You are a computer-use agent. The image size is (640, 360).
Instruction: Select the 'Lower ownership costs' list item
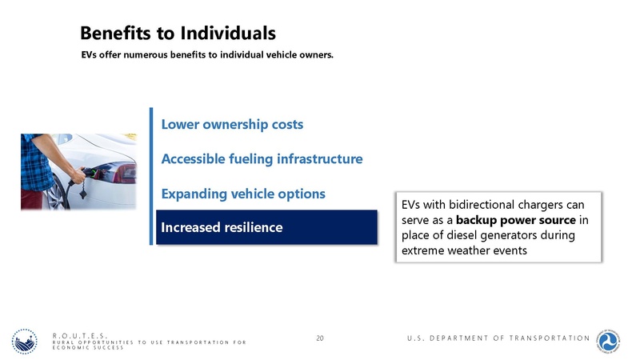(232, 125)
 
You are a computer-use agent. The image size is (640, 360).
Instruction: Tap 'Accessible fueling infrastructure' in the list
(262, 159)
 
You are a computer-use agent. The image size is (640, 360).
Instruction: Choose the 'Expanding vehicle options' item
(243, 194)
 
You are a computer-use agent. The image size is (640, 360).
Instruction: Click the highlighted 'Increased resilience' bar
(266, 227)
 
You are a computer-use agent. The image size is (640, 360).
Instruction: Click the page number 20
(320, 338)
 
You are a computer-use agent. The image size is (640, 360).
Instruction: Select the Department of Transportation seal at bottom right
(613, 338)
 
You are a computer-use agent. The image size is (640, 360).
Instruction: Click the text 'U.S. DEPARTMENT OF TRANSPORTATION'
(498, 338)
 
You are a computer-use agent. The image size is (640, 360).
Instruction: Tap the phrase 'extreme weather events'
(462, 251)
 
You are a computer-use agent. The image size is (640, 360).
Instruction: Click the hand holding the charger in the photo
(77, 174)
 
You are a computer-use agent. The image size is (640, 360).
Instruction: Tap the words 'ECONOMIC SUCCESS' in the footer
(88, 348)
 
